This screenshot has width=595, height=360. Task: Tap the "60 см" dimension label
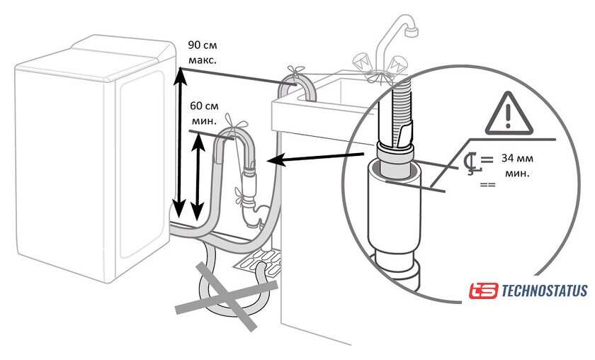point(205,106)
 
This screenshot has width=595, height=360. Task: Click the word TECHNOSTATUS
point(544,291)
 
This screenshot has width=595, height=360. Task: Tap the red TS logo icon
point(483,291)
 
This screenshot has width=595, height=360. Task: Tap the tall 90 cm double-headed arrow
point(180,142)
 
